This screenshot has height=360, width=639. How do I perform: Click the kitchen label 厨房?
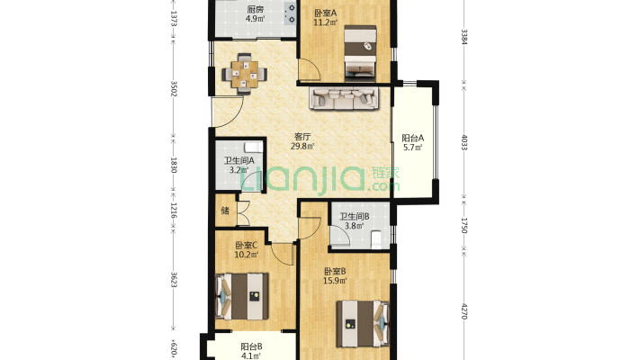[255, 9]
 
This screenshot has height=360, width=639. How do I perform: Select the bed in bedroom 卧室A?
[360, 51]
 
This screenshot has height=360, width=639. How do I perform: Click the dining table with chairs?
[245, 74]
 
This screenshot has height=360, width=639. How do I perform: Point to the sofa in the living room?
[345, 98]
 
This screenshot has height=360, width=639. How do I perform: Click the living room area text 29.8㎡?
[302, 146]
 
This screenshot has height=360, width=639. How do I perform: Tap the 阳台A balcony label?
[412, 139]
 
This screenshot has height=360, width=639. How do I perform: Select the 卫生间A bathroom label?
[238, 160]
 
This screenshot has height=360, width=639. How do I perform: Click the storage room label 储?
[225, 211]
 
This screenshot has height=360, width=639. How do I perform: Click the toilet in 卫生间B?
[376, 239]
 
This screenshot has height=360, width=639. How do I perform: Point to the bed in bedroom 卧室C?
[242, 296]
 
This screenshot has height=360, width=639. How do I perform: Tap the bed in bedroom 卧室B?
[363, 324]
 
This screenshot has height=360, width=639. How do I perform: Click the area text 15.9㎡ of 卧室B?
[335, 281]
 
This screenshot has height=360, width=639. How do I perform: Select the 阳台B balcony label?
[251, 347]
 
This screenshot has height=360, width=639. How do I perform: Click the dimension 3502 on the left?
[174, 89]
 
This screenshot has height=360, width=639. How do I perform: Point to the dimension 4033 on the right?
[464, 142]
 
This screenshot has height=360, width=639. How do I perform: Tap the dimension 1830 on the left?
[174, 165]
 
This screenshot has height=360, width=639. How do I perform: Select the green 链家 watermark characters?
[385, 174]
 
